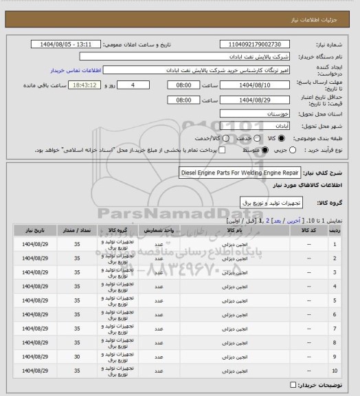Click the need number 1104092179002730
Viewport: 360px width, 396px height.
(x=255, y=43)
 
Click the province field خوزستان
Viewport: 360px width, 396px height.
(x=255, y=113)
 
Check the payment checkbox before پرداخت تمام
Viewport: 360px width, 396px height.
(x=221, y=150)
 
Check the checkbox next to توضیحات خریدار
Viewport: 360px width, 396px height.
(x=295, y=384)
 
